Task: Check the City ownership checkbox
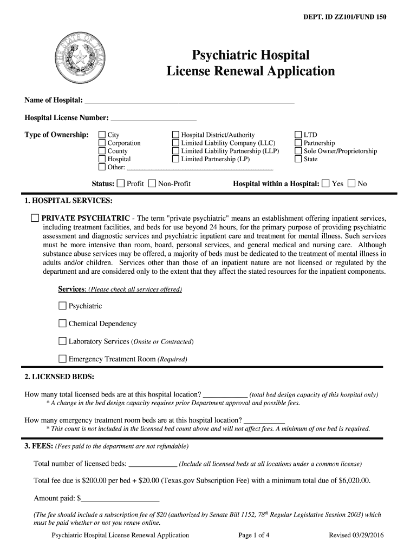(x=102, y=135)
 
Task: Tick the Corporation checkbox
(x=102, y=143)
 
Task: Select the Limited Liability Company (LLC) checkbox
(x=175, y=143)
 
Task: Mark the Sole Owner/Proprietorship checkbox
(x=298, y=151)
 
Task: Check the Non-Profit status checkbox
(x=152, y=183)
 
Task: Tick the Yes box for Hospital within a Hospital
(x=325, y=183)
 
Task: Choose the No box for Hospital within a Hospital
(x=351, y=183)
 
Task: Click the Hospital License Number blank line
(x=153, y=117)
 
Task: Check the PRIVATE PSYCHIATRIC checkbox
(x=35, y=218)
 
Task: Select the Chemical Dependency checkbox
(x=62, y=324)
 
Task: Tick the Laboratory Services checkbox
(x=62, y=341)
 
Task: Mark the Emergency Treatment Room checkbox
(x=62, y=359)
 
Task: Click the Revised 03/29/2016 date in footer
(x=356, y=535)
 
